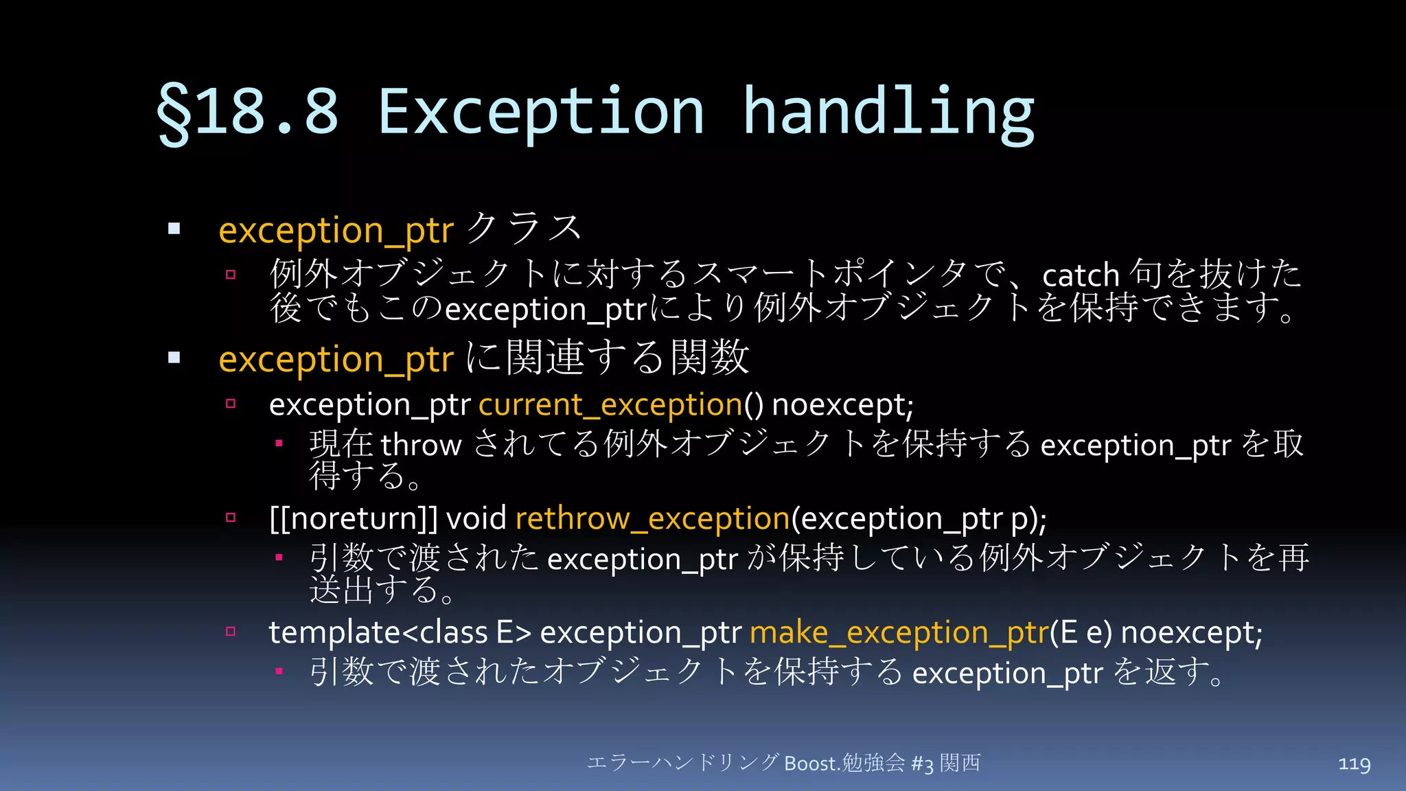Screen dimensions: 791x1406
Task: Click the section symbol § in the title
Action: [174, 113]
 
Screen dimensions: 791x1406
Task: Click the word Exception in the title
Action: [540, 113]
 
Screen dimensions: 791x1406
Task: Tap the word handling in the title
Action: [888, 113]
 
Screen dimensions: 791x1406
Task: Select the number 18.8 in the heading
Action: [268, 113]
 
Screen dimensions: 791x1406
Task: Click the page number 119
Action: [1354, 764]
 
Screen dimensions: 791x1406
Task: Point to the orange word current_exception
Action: [610, 404]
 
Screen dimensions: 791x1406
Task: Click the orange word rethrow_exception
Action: [652, 518]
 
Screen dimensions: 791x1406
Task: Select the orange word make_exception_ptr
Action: [899, 632]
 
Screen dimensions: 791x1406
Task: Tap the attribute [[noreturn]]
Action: [353, 518]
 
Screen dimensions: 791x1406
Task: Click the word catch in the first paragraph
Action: [1081, 276]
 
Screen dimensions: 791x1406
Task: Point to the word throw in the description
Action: [422, 446]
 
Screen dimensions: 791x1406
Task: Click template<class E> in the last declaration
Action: [400, 632]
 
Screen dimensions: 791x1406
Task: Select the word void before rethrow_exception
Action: [476, 518]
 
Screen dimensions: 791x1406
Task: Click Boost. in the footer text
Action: [812, 764]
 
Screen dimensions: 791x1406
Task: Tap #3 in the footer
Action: [922, 764]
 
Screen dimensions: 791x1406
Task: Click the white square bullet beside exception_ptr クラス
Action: [174, 229]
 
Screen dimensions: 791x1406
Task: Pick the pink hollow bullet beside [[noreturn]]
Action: [231, 518]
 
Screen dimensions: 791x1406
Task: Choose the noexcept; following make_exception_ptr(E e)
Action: [1192, 632]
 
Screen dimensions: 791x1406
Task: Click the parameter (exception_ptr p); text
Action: [919, 518]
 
